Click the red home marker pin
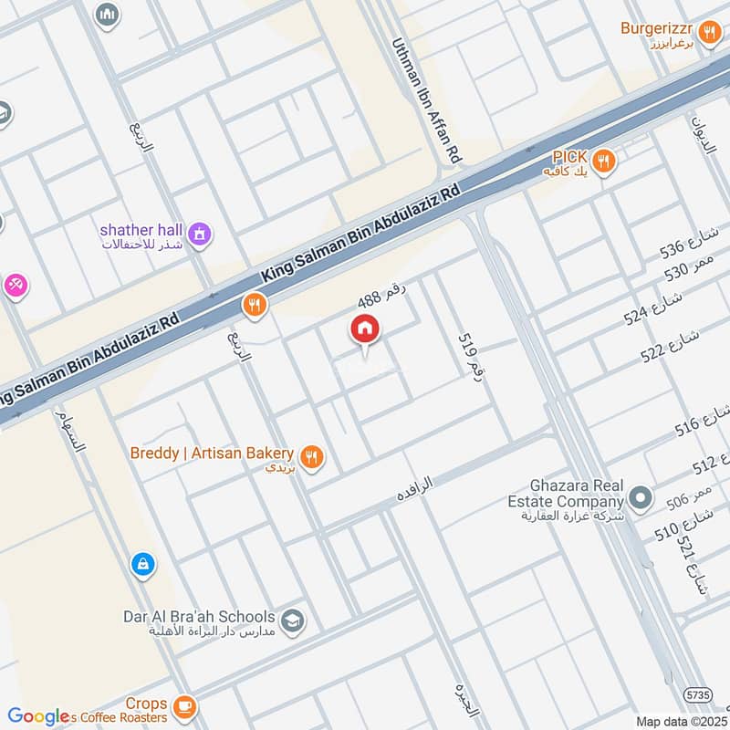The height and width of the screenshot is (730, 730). click(364, 330)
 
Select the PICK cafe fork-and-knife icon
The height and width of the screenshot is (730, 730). click(602, 162)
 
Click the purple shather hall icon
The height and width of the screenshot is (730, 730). click(198, 235)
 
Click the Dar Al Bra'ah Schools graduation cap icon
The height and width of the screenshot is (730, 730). click(292, 621)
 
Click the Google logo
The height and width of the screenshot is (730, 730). click(38, 716)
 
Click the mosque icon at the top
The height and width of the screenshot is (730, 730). click(108, 16)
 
